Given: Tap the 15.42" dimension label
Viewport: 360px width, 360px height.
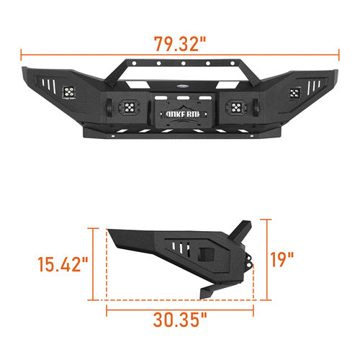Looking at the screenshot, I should click(x=63, y=265).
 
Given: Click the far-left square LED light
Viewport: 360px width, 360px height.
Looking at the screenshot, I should click(x=71, y=91).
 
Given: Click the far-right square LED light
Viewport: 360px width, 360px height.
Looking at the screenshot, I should click(x=293, y=92).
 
